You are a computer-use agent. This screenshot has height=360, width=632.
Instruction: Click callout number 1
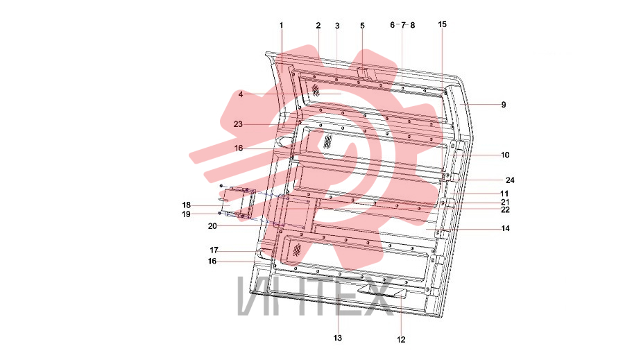pos(282,26)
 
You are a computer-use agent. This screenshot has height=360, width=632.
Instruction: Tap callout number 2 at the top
pos(318,26)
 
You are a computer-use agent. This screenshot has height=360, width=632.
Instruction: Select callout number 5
pos(362,26)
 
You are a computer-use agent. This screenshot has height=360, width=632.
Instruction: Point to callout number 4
pos(241,94)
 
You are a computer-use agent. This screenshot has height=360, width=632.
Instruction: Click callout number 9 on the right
pos(504,105)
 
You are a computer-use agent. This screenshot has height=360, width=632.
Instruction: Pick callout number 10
pos(505,155)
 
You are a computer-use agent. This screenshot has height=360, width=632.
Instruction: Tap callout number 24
pos(510,180)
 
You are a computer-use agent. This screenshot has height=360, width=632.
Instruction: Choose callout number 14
pos(505,229)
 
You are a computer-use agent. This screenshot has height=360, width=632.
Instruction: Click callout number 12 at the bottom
pos(401,340)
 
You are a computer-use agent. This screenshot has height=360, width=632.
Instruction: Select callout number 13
pos(337,338)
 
